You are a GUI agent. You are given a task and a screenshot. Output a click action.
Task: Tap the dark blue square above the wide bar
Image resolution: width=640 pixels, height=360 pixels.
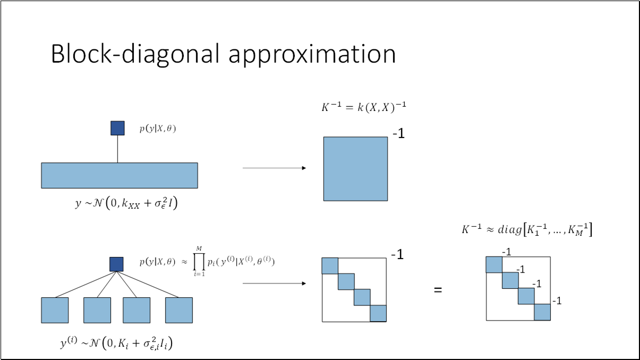pos(117,128)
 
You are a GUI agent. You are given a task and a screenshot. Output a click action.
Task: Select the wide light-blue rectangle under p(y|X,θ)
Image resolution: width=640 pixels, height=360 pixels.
pos(120,175)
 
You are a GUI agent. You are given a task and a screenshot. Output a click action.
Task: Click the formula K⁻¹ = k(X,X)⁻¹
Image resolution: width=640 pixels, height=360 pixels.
pos(364,107)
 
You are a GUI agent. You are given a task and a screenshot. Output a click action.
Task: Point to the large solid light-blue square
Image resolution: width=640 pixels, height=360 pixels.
pos(355,169)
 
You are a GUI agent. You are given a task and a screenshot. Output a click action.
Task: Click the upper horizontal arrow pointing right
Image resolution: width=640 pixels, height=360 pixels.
pos(274,168)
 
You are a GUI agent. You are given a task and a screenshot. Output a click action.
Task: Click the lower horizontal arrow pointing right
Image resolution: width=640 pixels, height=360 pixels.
pos(274,284)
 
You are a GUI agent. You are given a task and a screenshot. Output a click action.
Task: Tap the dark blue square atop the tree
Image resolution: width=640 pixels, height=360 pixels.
pos(116,264)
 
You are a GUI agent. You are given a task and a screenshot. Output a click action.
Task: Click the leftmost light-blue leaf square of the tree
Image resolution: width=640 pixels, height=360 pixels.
pos(55,310)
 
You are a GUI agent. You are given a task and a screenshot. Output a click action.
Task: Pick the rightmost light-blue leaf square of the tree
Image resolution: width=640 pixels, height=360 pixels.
pos(178,310)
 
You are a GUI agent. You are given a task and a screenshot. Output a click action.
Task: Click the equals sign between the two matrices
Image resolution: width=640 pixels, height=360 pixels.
pos(438,290)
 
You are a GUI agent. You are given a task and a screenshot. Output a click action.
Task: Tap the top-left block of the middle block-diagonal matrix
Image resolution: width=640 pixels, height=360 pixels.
pos(330,265)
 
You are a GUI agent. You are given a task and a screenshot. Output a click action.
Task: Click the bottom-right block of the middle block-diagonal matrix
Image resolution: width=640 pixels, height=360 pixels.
pos(378,313)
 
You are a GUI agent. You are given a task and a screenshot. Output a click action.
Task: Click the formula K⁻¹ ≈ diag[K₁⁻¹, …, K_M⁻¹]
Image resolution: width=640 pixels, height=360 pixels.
pos(527,230)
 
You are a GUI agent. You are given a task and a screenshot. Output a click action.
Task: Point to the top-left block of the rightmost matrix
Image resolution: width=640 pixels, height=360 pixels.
pos(494,264)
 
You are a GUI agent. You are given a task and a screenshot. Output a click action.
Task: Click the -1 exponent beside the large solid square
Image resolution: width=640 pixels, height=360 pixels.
pos(398,134)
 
